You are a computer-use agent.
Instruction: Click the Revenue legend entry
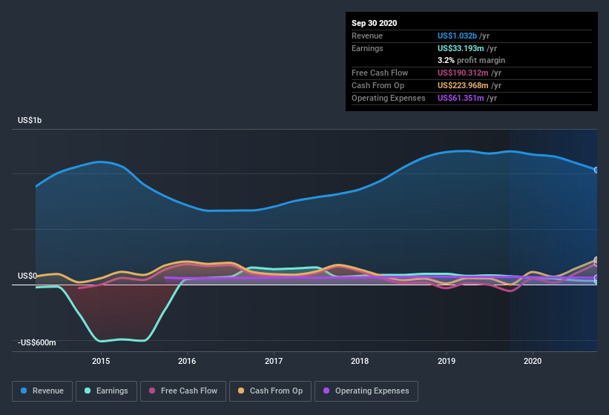pos(42,391)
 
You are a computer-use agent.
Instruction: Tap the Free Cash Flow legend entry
pos(182,391)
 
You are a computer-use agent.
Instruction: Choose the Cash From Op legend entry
pos(270,391)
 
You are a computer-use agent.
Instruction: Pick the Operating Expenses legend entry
pos(366,391)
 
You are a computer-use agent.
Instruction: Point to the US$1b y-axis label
pos(30,120)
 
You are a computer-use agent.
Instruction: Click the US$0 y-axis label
pos(27,276)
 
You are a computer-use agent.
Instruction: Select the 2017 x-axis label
pos(274,361)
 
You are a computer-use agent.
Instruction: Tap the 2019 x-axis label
pos(447,361)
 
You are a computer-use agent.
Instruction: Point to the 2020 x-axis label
pos(533,361)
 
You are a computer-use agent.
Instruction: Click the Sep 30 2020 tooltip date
pos(374,23)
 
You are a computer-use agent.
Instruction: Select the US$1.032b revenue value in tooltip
pos(458,36)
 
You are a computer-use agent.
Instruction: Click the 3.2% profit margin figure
pos(445,60)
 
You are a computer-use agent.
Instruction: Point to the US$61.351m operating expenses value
pos(463,98)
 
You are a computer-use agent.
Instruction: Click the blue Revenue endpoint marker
pos(596,170)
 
